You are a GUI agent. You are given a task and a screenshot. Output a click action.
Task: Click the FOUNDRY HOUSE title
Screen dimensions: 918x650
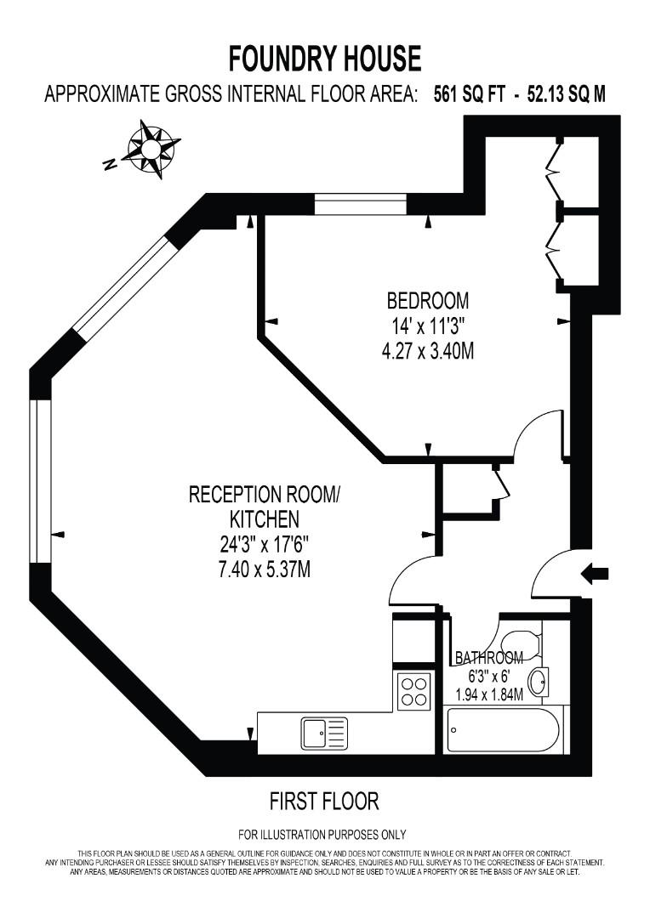325,59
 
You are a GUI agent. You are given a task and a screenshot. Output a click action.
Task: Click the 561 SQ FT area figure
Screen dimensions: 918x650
470,95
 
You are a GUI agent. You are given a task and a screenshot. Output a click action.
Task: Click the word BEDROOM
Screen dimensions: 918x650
428,300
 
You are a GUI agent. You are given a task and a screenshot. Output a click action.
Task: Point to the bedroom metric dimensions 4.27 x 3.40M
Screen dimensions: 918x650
428,350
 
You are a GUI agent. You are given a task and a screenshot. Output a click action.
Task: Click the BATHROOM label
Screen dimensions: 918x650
488,658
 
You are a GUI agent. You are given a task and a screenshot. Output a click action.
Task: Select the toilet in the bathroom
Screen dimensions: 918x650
520,644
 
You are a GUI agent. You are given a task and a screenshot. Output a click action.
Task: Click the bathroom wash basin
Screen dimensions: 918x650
538,682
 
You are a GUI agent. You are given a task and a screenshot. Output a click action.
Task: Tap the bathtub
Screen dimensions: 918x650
503,730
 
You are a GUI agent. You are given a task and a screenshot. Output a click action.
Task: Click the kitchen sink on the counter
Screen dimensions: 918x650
323,732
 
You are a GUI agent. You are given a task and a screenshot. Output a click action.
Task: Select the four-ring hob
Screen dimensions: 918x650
413,690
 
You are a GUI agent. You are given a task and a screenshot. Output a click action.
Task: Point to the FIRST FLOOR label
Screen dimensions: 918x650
324,801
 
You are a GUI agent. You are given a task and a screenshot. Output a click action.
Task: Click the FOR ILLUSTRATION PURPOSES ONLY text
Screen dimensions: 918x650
322,835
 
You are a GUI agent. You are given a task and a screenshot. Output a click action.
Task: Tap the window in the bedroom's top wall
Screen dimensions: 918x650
361,205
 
